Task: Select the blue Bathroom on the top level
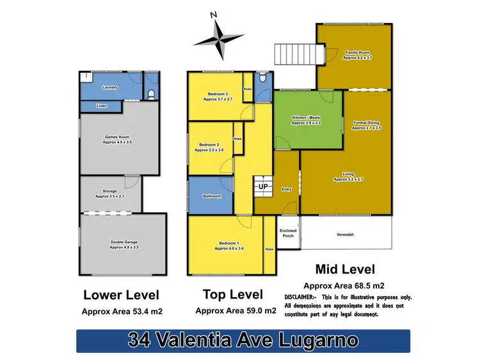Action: click(211, 196)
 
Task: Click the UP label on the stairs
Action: click(262, 187)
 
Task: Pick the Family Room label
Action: click(357, 55)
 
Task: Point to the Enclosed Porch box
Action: click(287, 232)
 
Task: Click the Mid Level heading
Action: click(346, 269)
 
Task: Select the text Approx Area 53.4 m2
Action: click(122, 312)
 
